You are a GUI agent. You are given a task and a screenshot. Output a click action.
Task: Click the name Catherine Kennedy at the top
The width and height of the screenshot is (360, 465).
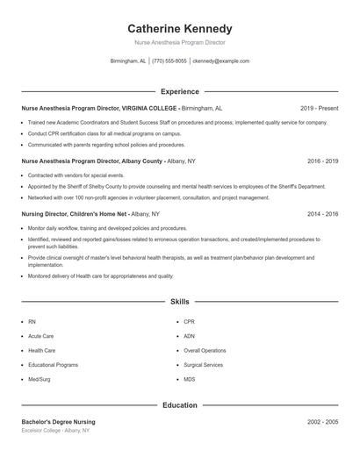tap(180, 29)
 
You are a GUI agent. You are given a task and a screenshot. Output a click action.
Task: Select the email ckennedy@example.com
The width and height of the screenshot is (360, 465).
tap(220, 61)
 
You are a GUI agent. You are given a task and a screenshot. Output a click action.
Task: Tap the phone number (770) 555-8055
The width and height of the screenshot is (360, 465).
tap(169, 61)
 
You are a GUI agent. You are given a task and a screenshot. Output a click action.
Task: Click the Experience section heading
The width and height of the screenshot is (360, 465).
tap(180, 91)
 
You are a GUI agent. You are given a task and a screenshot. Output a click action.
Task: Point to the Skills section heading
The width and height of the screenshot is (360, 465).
tap(180, 301)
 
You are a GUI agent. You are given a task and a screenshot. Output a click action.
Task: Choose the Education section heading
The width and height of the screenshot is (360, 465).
tap(180, 405)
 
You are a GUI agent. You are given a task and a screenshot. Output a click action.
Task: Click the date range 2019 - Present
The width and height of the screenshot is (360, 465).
tap(319, 108)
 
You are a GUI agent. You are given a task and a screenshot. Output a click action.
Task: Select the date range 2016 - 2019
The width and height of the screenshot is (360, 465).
tap(322, 161)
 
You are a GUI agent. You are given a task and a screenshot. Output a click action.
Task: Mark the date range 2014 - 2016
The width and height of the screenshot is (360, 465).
tap(322, 214)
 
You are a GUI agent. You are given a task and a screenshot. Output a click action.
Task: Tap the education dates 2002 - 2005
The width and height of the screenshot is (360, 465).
tap(322, 422)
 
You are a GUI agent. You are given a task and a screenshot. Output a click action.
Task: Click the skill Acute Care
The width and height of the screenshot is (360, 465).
tap(41, 336)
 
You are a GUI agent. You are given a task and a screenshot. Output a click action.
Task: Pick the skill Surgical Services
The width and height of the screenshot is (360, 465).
tap(203, 364)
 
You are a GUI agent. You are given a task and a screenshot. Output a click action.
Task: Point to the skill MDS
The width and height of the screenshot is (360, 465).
tap(190, 378)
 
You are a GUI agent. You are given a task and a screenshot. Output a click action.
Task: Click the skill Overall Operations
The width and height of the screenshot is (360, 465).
tap(205, 350)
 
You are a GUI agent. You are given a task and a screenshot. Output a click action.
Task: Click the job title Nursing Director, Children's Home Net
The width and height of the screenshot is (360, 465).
tap(75, 214)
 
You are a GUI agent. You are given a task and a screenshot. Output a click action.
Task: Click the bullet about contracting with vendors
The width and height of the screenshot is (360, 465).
tap(76, 175)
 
